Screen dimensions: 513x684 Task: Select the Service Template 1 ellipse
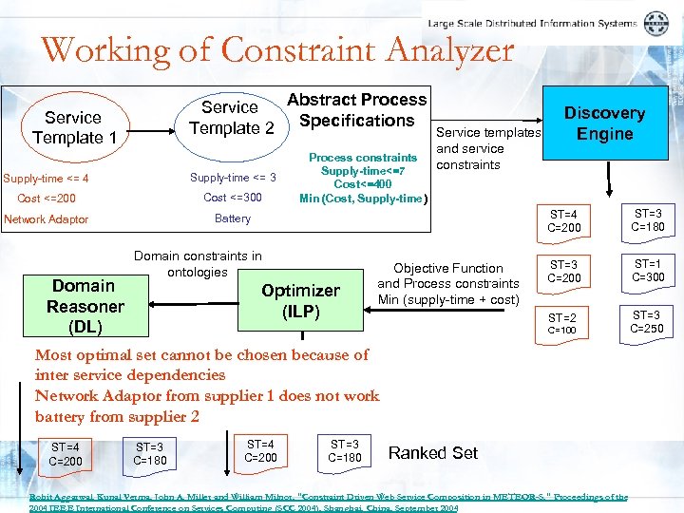click(73, 127)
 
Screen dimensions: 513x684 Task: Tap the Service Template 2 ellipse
click(231, 118)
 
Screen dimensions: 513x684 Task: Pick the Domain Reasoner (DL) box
click(85, 306)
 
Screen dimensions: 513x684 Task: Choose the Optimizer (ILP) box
click(300, 301)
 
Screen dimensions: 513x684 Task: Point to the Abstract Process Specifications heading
click(357, 110)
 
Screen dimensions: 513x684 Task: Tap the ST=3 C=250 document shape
click(646, 322)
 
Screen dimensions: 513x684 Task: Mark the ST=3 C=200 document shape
click(563, 271)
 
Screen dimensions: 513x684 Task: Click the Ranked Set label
click(433, 453)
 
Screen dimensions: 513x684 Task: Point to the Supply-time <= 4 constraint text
click(47, 178)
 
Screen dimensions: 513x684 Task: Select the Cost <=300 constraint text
click(233, 198)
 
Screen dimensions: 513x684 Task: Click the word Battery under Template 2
click(233, 218)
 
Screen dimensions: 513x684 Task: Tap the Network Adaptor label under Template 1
click(47, 219)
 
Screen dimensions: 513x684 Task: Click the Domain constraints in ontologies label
click(198, 264)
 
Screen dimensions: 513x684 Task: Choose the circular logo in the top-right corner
click(655, 24)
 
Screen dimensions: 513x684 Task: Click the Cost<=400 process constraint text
click(363, 184)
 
